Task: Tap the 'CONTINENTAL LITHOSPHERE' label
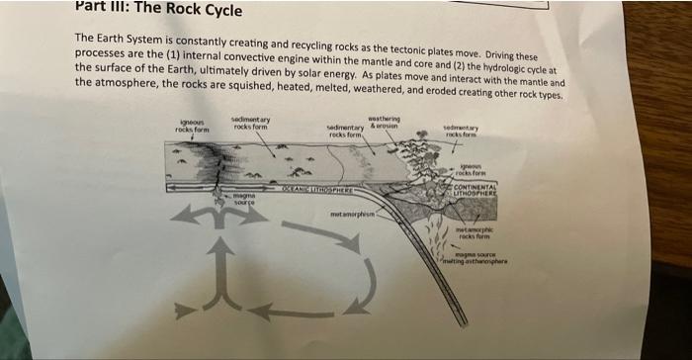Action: (480, 187)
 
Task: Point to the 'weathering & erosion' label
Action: (385, 125)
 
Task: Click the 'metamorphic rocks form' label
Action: (473, 232)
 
